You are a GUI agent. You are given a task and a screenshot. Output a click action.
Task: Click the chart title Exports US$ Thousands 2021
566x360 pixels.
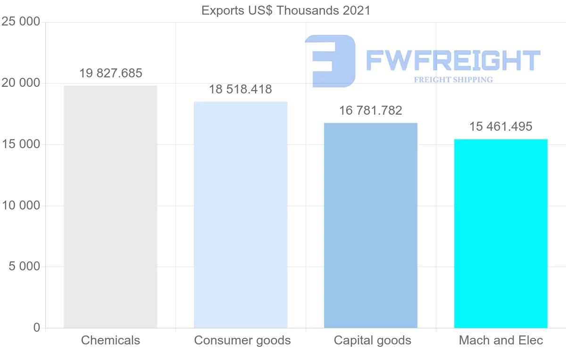click(x=286, y=10)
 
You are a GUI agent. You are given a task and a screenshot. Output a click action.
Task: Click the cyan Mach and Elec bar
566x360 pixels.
click(x=501, y=233)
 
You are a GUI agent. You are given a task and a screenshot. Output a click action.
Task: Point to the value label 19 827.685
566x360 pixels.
click(x=110, y=74)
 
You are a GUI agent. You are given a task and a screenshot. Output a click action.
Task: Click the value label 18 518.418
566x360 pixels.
click(x=241, y=90)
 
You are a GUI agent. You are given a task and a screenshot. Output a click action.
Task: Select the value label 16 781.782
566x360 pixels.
click(x=371, y=111)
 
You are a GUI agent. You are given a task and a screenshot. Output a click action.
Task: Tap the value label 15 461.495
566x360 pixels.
click(x=501, y=127)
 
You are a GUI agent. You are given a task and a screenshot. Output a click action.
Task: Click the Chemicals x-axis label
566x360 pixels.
click(x=110, y=340)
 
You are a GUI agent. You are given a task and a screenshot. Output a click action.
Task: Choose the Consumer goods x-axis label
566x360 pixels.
click(x=242, y=340)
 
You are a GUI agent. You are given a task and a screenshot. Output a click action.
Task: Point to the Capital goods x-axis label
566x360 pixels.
click(x=373, y=340)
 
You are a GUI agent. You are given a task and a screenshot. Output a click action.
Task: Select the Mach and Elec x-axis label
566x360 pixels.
click(x=501, y=340)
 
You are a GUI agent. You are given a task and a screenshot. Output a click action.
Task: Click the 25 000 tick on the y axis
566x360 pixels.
click(x=20, y=22)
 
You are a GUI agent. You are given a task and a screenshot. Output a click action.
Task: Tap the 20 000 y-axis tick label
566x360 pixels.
click(x=20, y=84)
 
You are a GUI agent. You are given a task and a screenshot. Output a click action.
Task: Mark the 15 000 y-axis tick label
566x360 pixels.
click(x=20, y=144)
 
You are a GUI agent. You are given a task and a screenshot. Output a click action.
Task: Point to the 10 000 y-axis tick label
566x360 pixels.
click(x=20, y=206)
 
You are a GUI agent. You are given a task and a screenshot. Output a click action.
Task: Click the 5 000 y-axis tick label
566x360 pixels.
click(x=24, y=267)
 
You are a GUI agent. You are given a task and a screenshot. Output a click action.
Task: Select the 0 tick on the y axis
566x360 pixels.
click(x=37, y=328)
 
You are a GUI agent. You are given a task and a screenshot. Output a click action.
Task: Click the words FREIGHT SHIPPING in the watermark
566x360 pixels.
click(x=453, y=80)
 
